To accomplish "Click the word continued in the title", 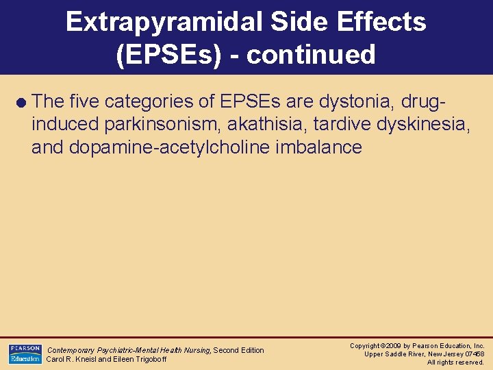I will tap(311, 54).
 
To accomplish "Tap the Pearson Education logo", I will tap(25, 354).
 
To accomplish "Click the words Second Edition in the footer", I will tap(239, 350).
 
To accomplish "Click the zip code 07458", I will tap(472, 354).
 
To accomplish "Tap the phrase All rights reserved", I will tap(455, 362).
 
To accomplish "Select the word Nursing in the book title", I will tap(196, 350).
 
